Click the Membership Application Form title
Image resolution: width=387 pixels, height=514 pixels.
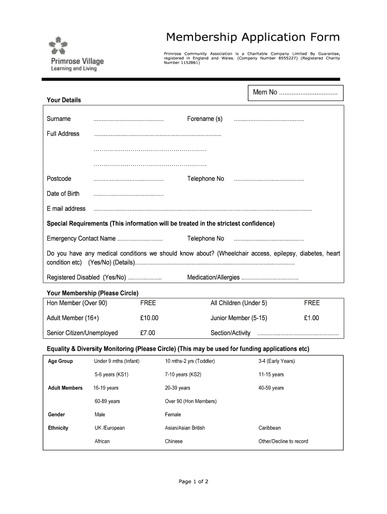coord(253,37)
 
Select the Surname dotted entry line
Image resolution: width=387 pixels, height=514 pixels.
coord(129,119)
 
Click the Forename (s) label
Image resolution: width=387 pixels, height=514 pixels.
coord(205,119)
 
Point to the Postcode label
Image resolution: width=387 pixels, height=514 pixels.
coord(59,179)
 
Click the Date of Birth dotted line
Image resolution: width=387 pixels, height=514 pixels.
coord(129,194)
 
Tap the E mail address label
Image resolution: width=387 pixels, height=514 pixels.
coord(66,209)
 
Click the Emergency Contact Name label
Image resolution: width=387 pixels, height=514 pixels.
coord(81,238)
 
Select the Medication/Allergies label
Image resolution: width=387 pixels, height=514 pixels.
coord(213,278)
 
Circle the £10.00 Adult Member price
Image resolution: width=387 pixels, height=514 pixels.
coord(149,318)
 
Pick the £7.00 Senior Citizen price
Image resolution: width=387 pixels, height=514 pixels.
coord(148,333)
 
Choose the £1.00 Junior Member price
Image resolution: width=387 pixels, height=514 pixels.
coord(311,318)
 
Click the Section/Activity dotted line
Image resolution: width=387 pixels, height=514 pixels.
coord(298,333)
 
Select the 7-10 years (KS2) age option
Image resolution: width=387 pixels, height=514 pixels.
coord(183,374)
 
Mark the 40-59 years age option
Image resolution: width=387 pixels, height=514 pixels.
coord(271,388)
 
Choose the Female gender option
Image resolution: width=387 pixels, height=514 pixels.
coord(173,415)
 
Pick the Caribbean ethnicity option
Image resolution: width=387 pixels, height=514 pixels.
coord(269,428)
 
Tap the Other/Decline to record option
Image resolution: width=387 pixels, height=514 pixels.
coord(283,442)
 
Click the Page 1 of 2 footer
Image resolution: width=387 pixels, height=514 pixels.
coord(193,482)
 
